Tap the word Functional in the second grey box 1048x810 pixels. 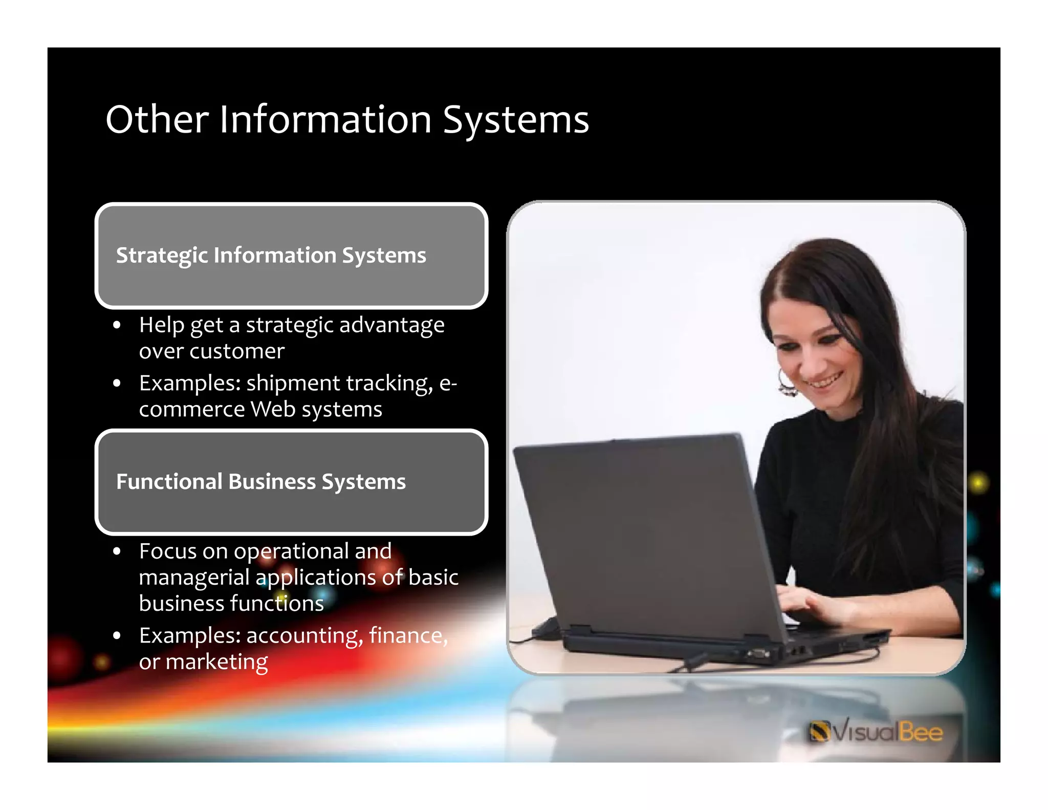point(169,482)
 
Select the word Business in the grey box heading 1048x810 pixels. point(272,482)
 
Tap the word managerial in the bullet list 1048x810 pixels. point(194,578)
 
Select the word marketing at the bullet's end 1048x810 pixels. point(216,662)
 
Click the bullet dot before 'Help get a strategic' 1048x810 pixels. point(117,325)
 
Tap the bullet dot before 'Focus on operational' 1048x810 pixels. point(117,551)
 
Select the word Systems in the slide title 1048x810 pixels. point(515,119)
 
